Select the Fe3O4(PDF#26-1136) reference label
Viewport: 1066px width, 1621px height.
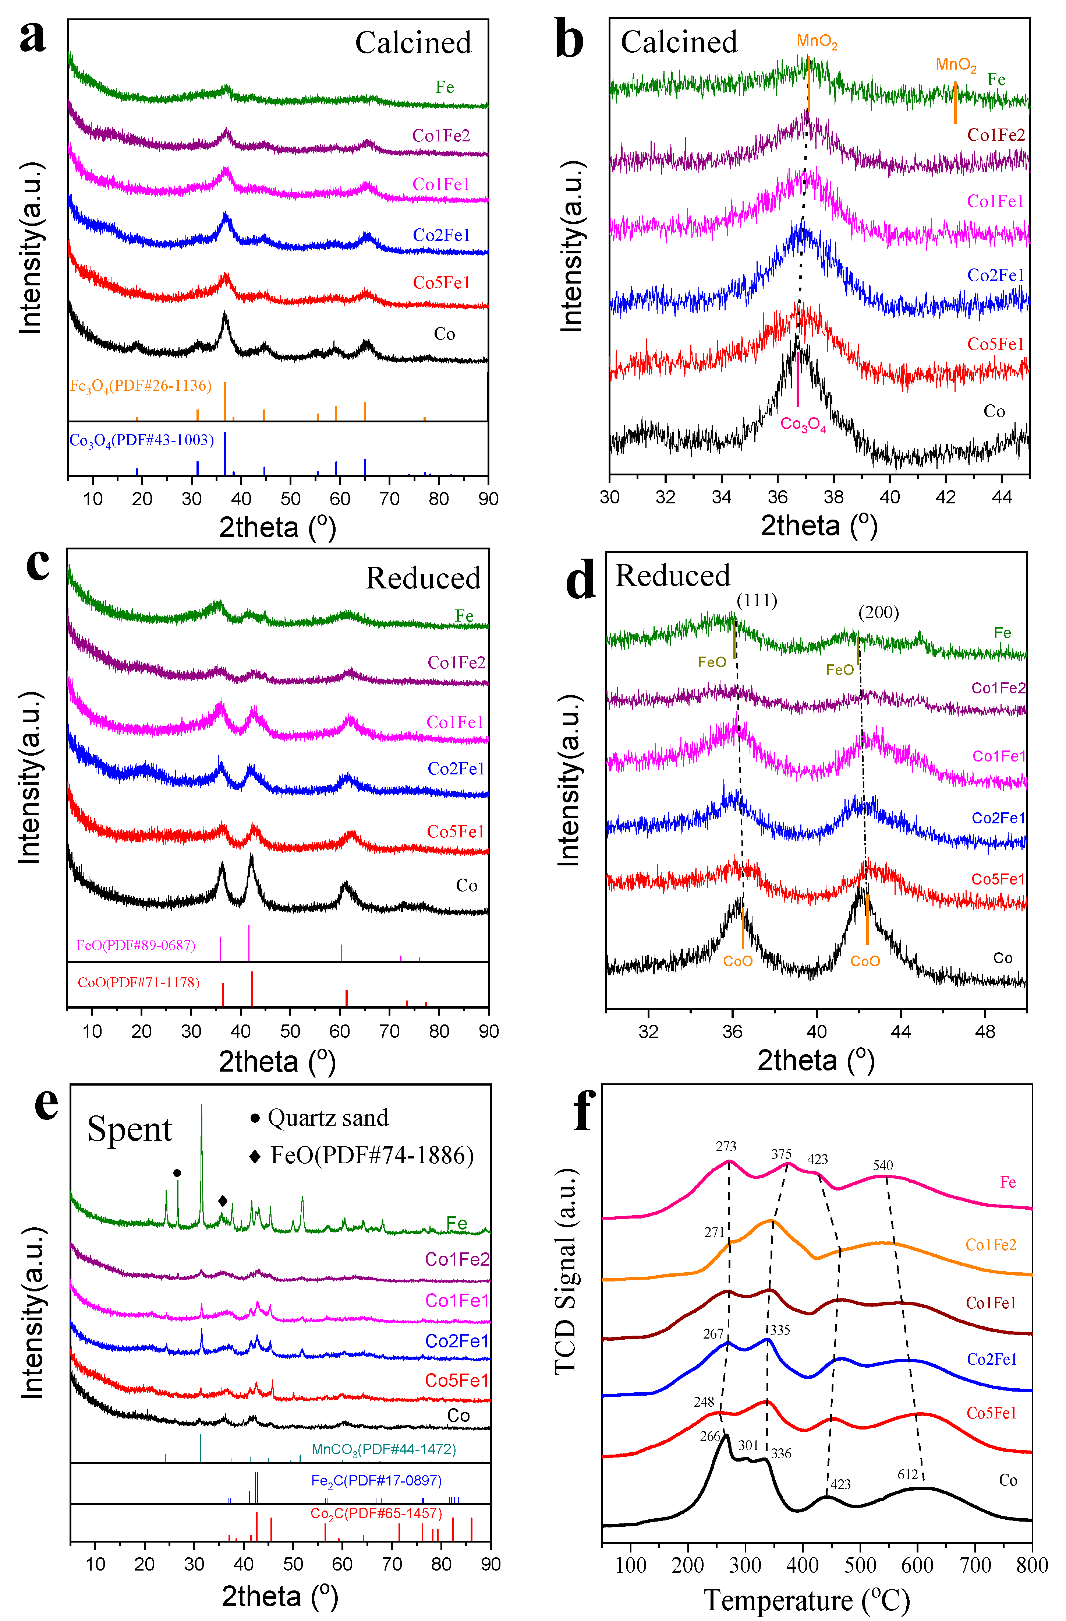141,386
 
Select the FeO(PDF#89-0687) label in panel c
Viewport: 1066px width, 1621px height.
135,945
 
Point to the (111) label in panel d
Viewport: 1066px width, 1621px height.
756,600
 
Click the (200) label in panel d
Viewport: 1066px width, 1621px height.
878,612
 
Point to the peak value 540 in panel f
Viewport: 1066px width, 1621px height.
882,1165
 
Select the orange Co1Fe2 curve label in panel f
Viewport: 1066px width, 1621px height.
991,1245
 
